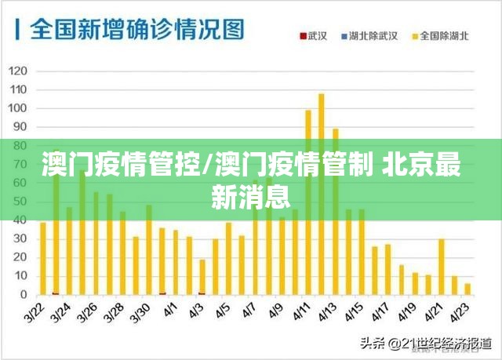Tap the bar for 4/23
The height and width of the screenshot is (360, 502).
coord(467,289)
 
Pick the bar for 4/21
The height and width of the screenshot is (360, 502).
coord(441,267)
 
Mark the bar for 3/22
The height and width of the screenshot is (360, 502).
coord(43,258)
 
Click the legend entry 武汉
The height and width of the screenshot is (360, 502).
coord(317,36)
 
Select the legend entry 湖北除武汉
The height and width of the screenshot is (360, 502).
coord(377,36)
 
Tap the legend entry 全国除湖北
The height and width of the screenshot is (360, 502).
coord(444,36)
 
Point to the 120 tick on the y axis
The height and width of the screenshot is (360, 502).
coord(18,71)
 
